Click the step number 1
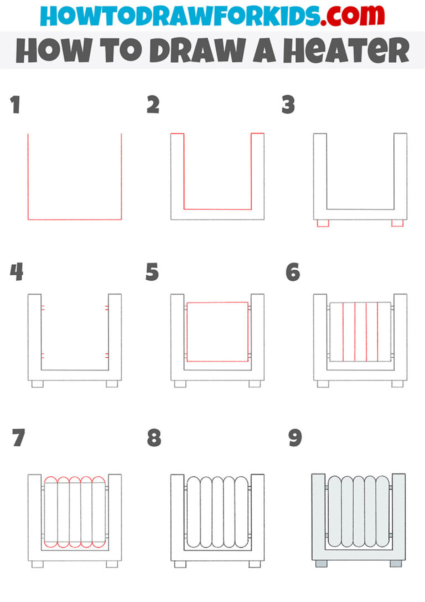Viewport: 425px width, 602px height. click(x=15, y=105)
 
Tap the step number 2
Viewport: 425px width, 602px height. click(x=153, y=105)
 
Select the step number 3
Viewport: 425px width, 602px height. click(x=288, y=105)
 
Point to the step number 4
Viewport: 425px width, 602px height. click(x=16, y=272)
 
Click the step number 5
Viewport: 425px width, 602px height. click(x=152, y=272)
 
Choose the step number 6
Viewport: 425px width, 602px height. click(x=293, y=272)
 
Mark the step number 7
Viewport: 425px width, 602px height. click(x=18, y=438)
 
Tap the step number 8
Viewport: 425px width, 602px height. click(x=154, y=438)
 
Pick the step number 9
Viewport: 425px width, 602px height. click(x=294, y=438)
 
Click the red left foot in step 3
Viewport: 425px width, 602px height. click(x=323, y=223)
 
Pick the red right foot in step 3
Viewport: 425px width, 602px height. click(x=397, y=223)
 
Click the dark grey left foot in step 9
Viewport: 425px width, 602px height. click(x=320, y=563)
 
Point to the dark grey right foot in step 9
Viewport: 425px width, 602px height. click(x=396, y=563)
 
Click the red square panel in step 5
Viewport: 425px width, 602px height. click(x=217, y=332)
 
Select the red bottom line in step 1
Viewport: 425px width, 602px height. click(x=75, y=220)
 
